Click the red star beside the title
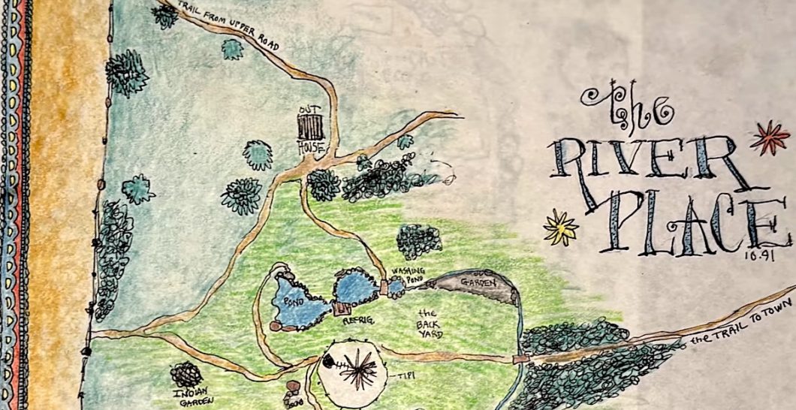click(769, 137)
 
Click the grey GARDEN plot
click(478, 285)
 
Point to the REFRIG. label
click(359, 321)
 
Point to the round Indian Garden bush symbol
click(185, 374)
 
